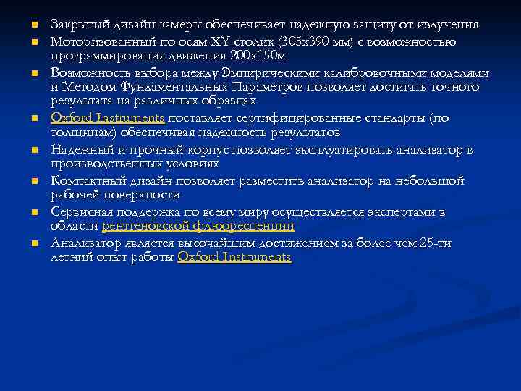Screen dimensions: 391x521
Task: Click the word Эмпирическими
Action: (287, 72)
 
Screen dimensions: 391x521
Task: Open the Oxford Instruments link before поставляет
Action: (108, 118)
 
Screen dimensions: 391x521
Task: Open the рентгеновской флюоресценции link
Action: (198, 226)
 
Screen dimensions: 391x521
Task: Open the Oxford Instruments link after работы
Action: (234, 257)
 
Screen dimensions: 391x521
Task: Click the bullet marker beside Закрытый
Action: (33, 26)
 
